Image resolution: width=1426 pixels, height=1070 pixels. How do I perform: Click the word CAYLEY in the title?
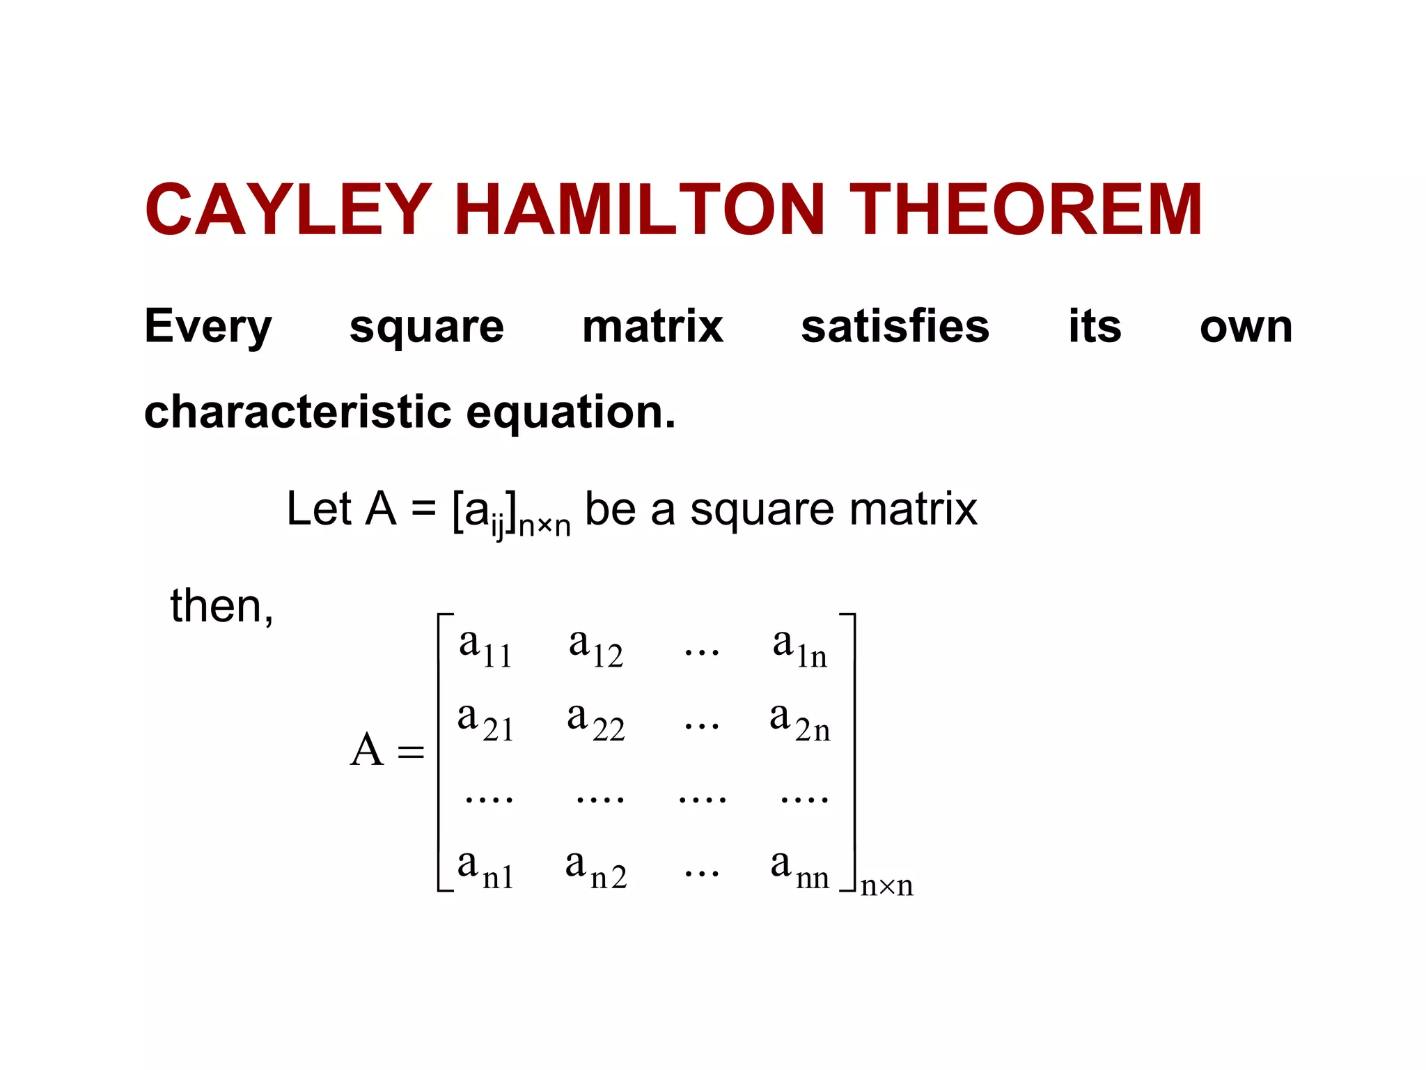[288, 210]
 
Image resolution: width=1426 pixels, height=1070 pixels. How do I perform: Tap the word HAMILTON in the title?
[640, 210]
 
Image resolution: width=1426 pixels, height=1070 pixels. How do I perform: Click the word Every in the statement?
[207, 327]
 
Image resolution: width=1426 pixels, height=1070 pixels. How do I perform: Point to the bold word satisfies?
[895, 326]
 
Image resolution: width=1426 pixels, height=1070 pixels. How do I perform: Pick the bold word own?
[1246, 327]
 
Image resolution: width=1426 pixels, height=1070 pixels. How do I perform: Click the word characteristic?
[298, 412]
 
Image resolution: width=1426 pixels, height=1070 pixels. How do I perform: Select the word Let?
[319, 509]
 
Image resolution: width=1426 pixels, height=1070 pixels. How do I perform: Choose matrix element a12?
[595, 647]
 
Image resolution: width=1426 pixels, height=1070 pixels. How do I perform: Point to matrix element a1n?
[799, 647]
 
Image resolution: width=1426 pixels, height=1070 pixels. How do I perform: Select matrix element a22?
[595, 721]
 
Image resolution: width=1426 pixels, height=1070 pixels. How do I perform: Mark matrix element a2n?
[799, 721]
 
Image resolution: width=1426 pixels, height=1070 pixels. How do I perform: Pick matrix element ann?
[799, 869]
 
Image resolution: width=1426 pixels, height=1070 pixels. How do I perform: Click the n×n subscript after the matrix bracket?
[886, 886]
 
